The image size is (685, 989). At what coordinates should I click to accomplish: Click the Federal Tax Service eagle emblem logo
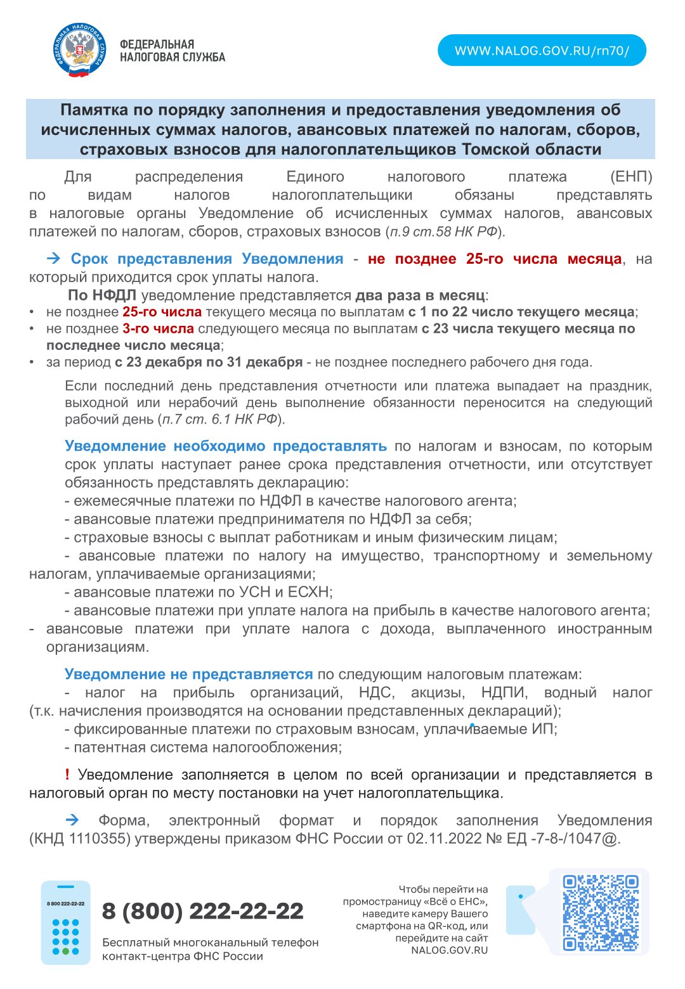click(80, 50)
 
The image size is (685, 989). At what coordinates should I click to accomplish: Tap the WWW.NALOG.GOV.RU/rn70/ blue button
click(542, 51)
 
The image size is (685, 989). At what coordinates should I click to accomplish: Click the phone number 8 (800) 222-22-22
click(203, 911)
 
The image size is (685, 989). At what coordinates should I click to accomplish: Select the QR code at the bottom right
click(600, 912)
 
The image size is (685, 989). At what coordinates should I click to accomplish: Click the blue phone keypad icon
click(66, 922)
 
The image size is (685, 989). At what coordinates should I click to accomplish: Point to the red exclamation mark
click(67, 774)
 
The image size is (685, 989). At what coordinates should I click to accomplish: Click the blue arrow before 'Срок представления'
click(54, 259)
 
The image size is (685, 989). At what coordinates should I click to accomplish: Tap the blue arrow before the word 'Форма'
click(72, 820)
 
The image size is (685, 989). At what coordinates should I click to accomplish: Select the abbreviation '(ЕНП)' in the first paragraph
click(630, 176)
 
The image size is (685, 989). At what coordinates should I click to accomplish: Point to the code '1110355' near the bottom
click(93, 838)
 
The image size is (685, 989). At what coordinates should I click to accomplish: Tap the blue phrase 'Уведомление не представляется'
click(188, 674)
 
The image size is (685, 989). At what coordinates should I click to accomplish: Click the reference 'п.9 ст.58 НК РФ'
click(444, 231)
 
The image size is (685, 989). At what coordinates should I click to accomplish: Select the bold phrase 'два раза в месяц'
click(420, 295)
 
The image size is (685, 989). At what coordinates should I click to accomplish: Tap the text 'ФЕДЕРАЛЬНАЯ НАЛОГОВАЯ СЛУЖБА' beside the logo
click(172, 51)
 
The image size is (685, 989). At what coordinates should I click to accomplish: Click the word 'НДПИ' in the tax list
click(504, 692)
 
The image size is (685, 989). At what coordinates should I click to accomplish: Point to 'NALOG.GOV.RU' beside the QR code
click(449, 950)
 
